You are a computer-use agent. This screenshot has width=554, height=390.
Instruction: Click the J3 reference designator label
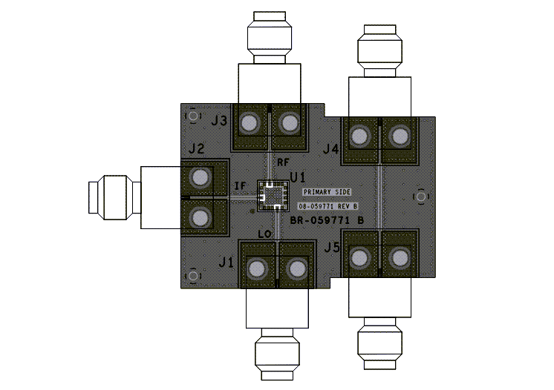point(219,121)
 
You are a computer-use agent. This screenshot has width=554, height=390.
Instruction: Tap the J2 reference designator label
point(196,149)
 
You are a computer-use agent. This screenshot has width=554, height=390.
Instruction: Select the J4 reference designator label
point(330,150)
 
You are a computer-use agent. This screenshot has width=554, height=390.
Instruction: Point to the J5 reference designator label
point(331,247)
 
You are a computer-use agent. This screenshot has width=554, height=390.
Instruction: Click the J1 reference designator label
point(226,262)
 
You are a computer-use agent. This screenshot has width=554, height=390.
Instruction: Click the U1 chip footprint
point(271,195)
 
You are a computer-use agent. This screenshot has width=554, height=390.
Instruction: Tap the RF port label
point(283,162)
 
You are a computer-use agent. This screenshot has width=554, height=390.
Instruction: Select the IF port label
point(240,185)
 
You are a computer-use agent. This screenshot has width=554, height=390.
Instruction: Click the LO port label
point(264,234)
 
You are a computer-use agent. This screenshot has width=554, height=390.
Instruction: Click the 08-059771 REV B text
point(328,205)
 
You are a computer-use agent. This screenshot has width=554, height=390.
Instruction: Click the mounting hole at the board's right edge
point(421,196)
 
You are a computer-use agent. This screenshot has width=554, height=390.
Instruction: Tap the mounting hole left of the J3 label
point(194,116)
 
